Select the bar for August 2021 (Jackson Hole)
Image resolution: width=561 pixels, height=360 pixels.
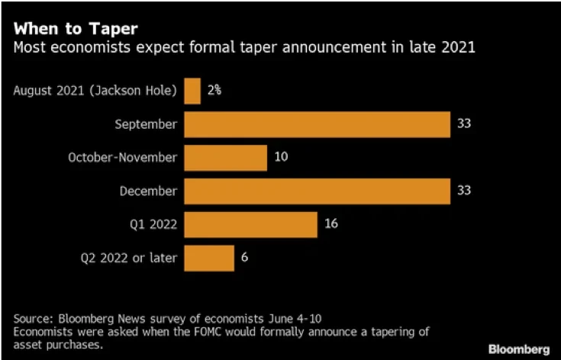point(192,91)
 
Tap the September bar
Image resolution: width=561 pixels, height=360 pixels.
point(317,124)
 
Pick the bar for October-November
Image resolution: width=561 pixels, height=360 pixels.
point(225,158)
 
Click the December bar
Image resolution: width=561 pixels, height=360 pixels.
point(317,191)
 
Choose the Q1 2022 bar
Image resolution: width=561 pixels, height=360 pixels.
point(250,224)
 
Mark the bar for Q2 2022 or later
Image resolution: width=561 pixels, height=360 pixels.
point(209,258)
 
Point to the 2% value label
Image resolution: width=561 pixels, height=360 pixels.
point(214,91)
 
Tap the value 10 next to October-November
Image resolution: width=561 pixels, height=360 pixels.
point(281,158)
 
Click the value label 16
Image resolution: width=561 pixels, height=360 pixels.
point(330,224)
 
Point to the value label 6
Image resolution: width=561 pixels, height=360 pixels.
point(244,258)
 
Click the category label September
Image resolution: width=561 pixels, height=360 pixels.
point(146,124)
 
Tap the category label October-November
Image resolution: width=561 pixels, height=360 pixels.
point(122,158)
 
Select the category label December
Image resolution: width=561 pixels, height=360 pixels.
point(148,191)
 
